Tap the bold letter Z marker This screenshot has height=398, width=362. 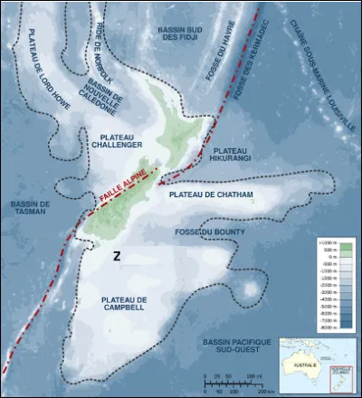pos(116,256)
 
